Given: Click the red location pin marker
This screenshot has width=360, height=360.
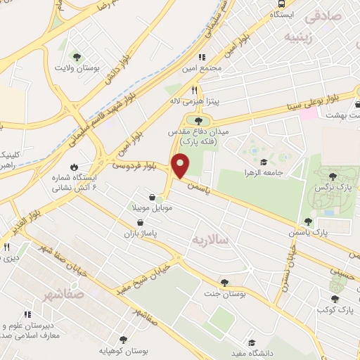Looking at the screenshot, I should (181, 165).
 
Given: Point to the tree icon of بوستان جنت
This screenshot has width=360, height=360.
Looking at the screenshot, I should (224, 282).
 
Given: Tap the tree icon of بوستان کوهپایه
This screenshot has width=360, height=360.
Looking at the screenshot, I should (124, 339).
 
